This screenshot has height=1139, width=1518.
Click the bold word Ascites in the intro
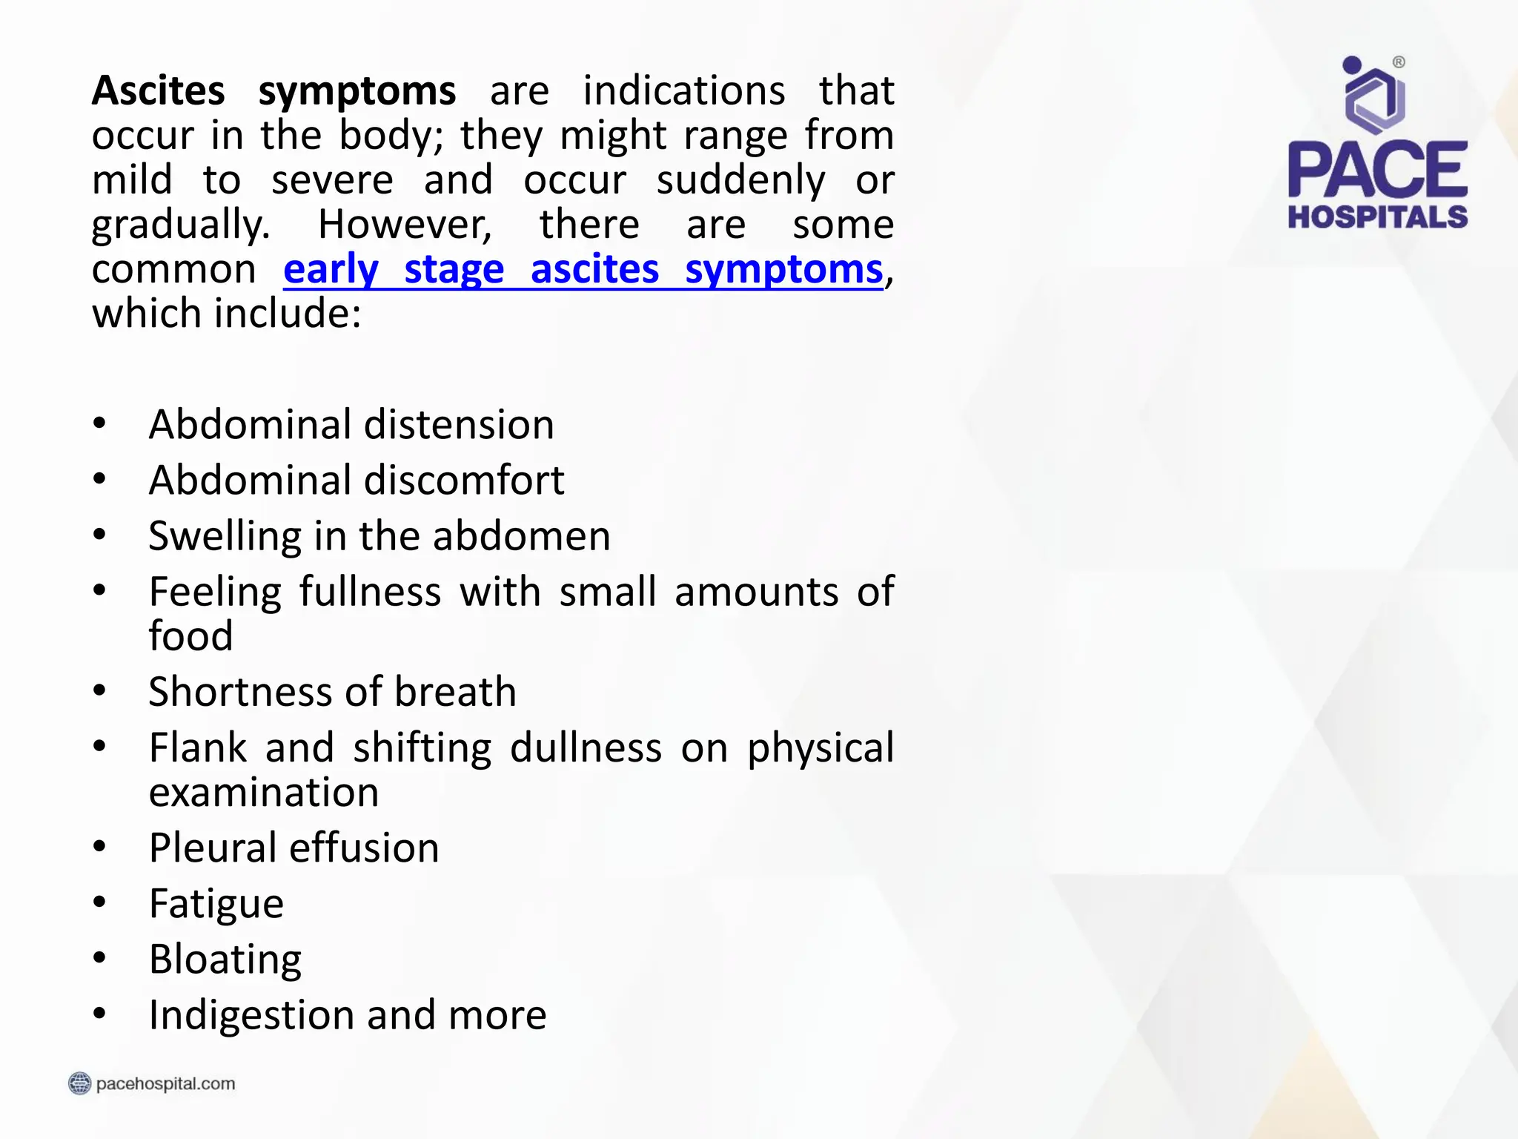(x=158, y=91)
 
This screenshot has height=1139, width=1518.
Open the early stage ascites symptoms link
(x=583, y=269)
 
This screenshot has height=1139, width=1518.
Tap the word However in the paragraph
(x=405, y=225)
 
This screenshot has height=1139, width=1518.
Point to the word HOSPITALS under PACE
(x=1377, y=217)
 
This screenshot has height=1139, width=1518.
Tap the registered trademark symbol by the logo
(x=1399, y=62)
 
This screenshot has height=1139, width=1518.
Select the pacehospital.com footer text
(x=165, y=1083)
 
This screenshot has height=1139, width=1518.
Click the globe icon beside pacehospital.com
(x=79, y=1083)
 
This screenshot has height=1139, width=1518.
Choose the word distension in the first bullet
(x=459, y=425)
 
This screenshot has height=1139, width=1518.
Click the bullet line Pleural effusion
(x=294, y=848)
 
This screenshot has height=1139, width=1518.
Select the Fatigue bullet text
(x=216, y=904)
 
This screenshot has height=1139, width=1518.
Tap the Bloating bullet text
(x=225, y=960)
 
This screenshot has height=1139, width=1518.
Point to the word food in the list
(x=190, y=636)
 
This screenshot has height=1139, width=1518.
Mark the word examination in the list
(x=264, y=793)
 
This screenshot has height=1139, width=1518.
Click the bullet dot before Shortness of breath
(x=100, y=690)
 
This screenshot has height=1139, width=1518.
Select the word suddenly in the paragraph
(x=740, y=180)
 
